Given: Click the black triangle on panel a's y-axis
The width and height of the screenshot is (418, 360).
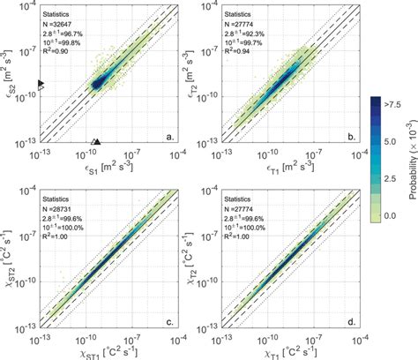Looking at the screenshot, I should click(42, 82).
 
